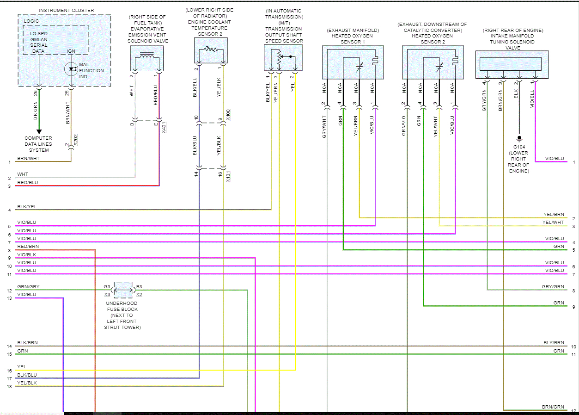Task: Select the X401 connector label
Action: pyautogui.click(x=165, y=127)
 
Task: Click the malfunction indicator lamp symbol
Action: pyautogui.click(x=72, y=69)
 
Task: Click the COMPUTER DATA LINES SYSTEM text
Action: pyautogui.click(x=38, y=144)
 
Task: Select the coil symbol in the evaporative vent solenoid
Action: pyautogui.click(x=147, y=57)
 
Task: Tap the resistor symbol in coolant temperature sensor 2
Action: pyautogui.click(x=211, y=49)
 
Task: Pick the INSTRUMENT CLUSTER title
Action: pyautogui.click(x=66, y=10)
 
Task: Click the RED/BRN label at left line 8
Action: pyautogui.click(x=28, y=247)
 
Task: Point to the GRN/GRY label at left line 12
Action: pyautogui.click(x=28, y=287)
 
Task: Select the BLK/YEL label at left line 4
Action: pyautogui.click(x=27, y=206)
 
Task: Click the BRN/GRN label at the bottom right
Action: pyautogui.click(x=553, y=407)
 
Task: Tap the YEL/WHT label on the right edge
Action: pyautogui.click(x=554, y=223)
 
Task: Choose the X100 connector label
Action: pyautogui.click(x=228, y=113)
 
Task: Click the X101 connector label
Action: pyautogui.click(x=228, y=176)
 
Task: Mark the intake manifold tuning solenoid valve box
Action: pyautogui.click(x=512, y=65)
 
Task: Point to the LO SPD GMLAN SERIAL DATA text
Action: pyautogui.click(x=38, y=42)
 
